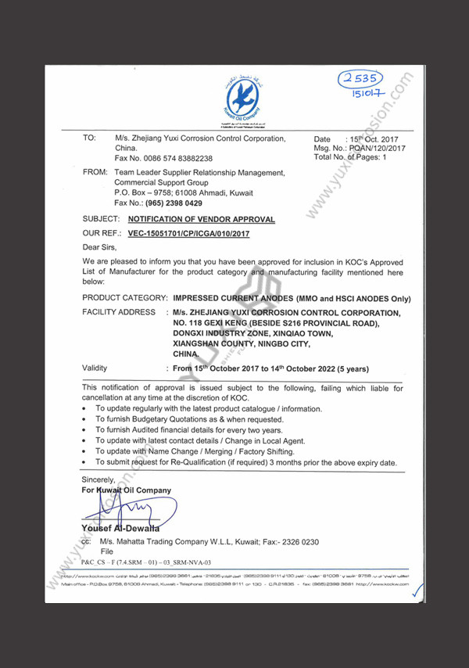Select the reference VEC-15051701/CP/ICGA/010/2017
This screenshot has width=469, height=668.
pyautogui.click(x=188, y=233)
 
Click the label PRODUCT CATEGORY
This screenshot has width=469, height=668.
pyautogui.click(x=125, y=299)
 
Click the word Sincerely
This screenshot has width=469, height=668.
pyautogui.click(x=99, y=479)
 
